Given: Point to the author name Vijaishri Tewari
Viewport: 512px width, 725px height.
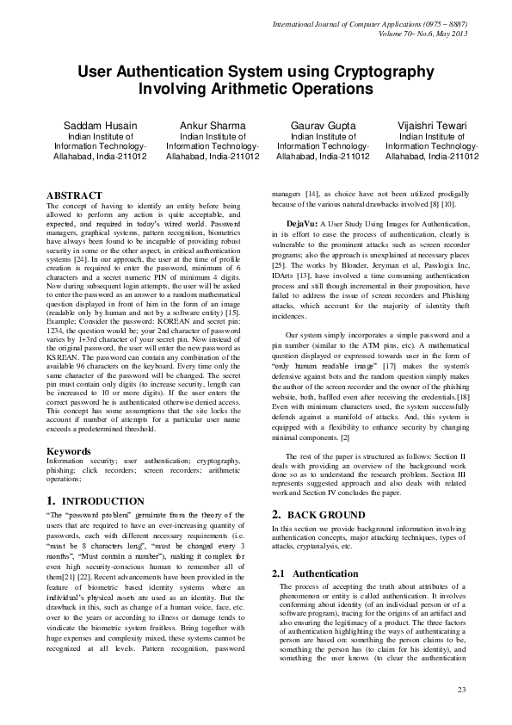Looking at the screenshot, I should pos(432,126).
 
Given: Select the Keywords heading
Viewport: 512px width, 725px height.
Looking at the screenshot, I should pos(69,451).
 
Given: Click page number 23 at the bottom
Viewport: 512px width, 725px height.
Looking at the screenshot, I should pos(461,691).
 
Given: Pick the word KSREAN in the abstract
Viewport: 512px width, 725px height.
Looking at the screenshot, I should pos(61,328).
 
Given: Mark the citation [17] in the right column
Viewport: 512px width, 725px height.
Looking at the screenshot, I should pos(391,343).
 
